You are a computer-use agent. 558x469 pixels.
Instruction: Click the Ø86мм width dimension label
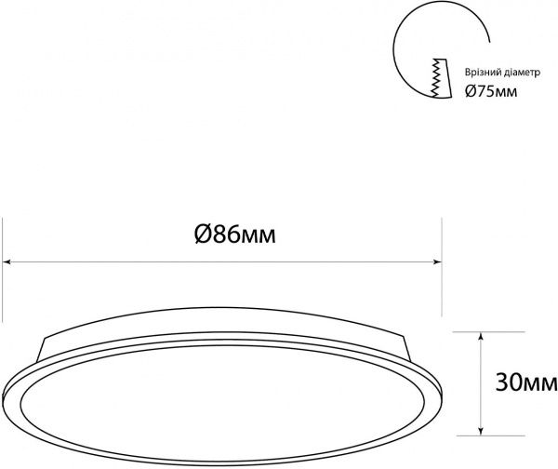tap(236, 235)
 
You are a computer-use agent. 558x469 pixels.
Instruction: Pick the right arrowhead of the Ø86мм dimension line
tap(437, 263)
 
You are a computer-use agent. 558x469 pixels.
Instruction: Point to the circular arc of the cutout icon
tap(400, 51)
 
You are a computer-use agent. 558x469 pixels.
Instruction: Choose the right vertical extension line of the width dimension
tap(441, 279)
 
